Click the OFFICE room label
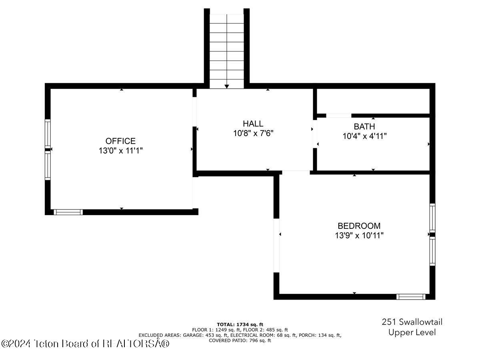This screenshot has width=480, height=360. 120,141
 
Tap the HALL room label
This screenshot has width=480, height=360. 253,124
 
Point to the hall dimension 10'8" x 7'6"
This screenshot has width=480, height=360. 253,133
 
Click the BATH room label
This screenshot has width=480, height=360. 364,127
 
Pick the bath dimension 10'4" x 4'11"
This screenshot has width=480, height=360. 364,136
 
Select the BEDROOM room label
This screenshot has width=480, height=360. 359,226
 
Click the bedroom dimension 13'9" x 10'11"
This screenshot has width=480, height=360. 359,236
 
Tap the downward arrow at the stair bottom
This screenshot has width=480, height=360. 227,86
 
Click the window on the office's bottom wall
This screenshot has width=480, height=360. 68,212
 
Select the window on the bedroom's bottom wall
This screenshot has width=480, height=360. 410,297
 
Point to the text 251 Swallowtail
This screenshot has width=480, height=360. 412,322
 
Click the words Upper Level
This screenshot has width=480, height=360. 412,332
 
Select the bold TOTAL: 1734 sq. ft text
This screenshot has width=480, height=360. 240,324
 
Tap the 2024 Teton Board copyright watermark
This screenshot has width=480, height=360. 85,343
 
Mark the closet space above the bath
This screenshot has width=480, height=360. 373,101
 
